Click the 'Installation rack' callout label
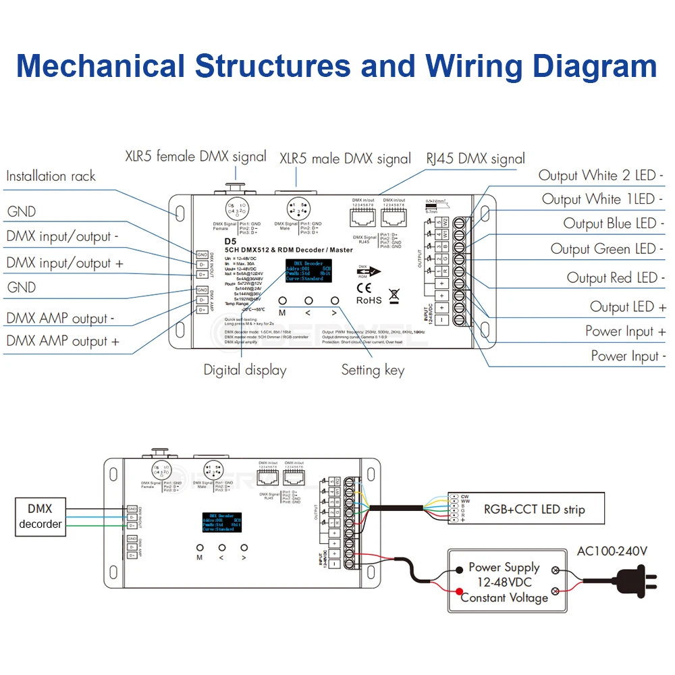click(51, 176)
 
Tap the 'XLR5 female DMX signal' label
click(196, 157)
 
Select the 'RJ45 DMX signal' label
click(475, 159)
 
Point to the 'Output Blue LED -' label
click(614, 223)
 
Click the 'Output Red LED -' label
click(616, 277)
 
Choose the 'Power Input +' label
click(625, 331)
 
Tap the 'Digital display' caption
click(245, 370)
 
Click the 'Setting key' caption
click(373, 370)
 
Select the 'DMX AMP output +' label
click(63, 342)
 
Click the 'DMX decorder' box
click(40, 516)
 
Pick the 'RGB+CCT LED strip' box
click(533, 510)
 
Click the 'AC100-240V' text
click(612, 551)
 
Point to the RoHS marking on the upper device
click(369, 300)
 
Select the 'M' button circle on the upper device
click(282, 301)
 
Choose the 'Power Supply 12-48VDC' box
click(504, 582)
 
